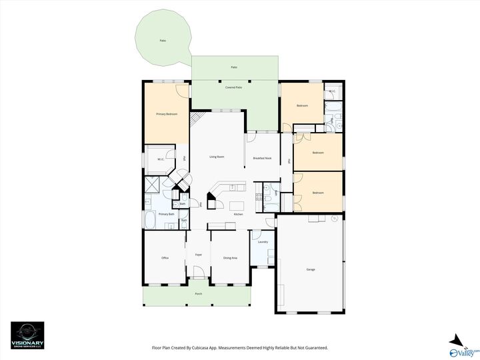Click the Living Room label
pos(217,157)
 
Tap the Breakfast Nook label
pos(263,158)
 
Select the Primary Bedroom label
pos(167,115)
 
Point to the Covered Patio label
pos(233,87)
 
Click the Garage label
pos(311,269)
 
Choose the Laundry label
pos(263,242)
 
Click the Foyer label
pos(198,255)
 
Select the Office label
pos(165,257)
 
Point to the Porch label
pos(198,294)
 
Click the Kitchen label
pos(238,214)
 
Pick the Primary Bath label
pos(166,214)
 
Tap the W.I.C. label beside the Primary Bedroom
pos(161,159)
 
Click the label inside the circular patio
pos(163,41)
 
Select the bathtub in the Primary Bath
pos(150,220)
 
